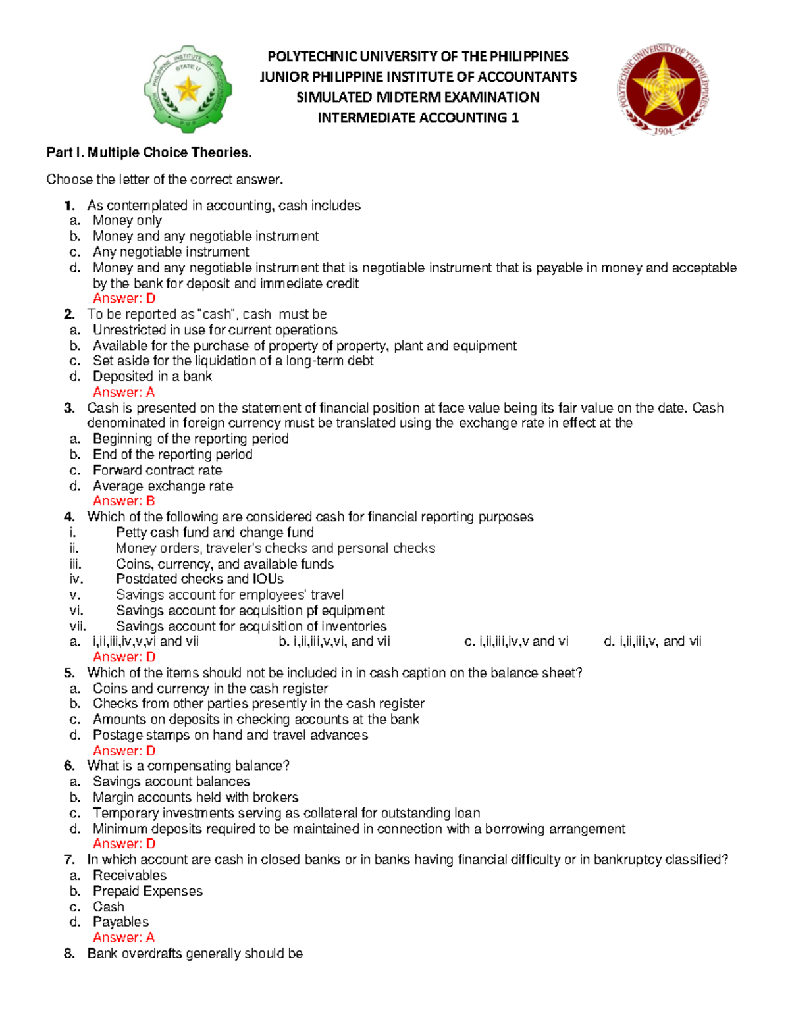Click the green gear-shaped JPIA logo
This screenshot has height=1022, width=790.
coord(188,89)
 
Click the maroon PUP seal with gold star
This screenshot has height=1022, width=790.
coord(663,88)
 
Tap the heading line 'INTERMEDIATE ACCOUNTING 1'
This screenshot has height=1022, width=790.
coord(418,118)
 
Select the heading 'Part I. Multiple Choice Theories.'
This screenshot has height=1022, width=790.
coord(149,153)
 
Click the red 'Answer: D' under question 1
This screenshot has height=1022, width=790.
coord(124,299)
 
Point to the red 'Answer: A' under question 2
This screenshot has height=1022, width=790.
coord(124,392)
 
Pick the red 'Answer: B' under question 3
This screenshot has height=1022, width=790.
coord(124,501)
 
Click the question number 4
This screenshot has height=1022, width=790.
coord(69,517)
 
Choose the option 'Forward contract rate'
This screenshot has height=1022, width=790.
coord(157,471)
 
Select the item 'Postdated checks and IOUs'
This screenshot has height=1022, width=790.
coord(199,579)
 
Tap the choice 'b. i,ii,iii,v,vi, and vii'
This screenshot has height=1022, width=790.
coord(334,642)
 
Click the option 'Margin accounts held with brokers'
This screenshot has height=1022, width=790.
coord(196,798)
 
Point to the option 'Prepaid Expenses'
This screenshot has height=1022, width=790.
coord(147,891)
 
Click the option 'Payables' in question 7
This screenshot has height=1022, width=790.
coord(120,922)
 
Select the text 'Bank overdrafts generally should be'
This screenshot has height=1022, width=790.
coord(195,954)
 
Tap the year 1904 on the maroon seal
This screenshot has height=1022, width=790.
coord(663,131)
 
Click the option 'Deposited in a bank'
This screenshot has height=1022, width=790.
coord(152,376)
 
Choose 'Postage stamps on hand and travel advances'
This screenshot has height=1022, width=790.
coord(230,735)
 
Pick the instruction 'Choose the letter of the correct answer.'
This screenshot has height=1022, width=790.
coord(165,180)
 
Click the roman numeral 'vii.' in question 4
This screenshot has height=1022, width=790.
coord(78,626)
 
